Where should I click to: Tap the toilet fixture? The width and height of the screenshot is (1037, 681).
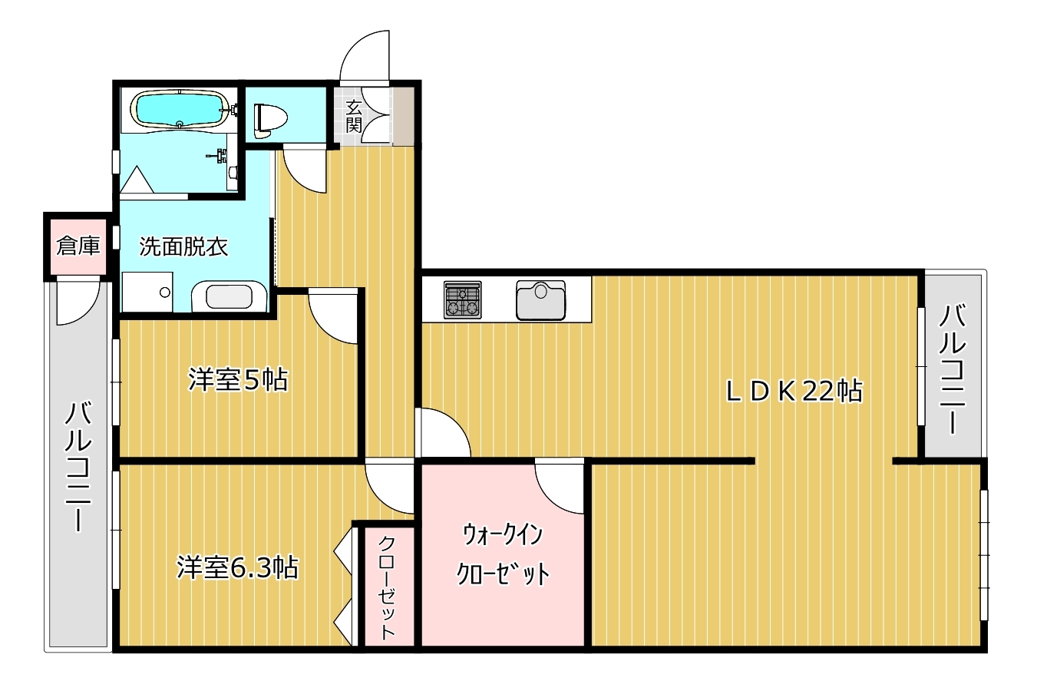point(270,121)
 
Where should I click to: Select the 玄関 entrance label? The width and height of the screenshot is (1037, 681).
point(353,116)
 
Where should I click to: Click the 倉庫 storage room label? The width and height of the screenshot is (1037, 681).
point(78,246)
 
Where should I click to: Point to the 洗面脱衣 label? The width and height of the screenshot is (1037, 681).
point(183,246)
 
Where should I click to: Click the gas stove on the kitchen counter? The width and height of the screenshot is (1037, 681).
point(463,299)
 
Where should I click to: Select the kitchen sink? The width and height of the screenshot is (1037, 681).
point(540,300)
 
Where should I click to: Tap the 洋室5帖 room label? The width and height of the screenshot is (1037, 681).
point(238,379)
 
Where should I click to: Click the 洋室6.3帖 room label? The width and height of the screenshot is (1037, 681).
point(237,567)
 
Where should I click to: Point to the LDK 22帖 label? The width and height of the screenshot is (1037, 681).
point(794,392)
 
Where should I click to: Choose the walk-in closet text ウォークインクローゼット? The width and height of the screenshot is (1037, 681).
point(503,554)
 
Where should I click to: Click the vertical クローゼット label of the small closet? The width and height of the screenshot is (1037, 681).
point(387,588)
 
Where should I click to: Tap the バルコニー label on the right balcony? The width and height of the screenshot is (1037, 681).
point(953,369)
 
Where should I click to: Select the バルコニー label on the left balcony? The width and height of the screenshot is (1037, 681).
point(78,467)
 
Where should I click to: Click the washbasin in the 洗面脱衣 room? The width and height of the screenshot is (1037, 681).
point(230,296)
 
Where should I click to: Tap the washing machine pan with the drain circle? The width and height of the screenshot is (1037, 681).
point(147,292)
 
